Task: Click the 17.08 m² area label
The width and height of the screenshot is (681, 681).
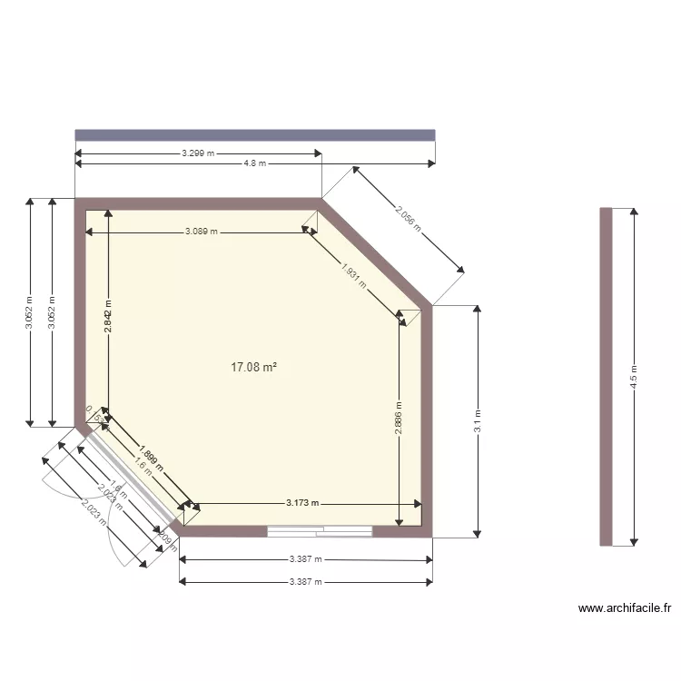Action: [x=253, y=368]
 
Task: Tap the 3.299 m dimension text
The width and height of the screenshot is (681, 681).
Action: [x=198, y=153]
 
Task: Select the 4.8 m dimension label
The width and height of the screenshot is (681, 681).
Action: [x=255, y=163]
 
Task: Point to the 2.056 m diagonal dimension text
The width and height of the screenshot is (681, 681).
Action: [x=408, y=219]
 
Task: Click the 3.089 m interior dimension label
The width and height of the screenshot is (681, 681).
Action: [x=202, y=232]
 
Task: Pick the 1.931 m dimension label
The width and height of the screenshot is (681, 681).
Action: [x=354, y=275]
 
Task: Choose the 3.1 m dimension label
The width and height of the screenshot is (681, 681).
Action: [x=478, y=420]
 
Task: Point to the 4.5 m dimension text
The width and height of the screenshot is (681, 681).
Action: [x=634, y=376]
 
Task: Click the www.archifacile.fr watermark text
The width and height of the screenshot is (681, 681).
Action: [x=624, y=608]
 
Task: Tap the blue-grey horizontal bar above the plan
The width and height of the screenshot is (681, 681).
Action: [x=255, y=134]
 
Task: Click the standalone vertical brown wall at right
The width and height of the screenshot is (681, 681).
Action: [x=606, y=376]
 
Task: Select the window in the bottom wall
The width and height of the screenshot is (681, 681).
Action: [x=321, y=531]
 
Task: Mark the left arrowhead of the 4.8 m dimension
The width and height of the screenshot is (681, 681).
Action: [x=79, y=163]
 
